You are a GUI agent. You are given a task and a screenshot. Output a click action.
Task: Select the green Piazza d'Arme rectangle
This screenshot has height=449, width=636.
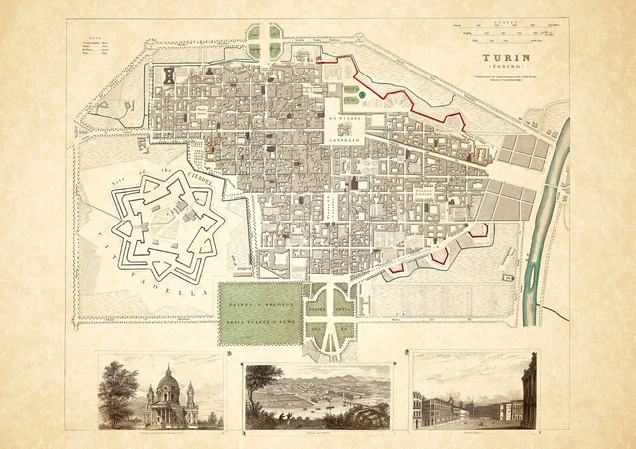pos(259,311)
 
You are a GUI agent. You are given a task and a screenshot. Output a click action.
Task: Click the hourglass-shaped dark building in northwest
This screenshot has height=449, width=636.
pos(168,75)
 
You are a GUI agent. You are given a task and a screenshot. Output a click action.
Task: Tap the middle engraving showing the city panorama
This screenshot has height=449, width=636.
pos(317,394)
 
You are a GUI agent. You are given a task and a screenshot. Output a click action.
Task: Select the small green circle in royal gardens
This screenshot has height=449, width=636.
pos(361,95)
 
